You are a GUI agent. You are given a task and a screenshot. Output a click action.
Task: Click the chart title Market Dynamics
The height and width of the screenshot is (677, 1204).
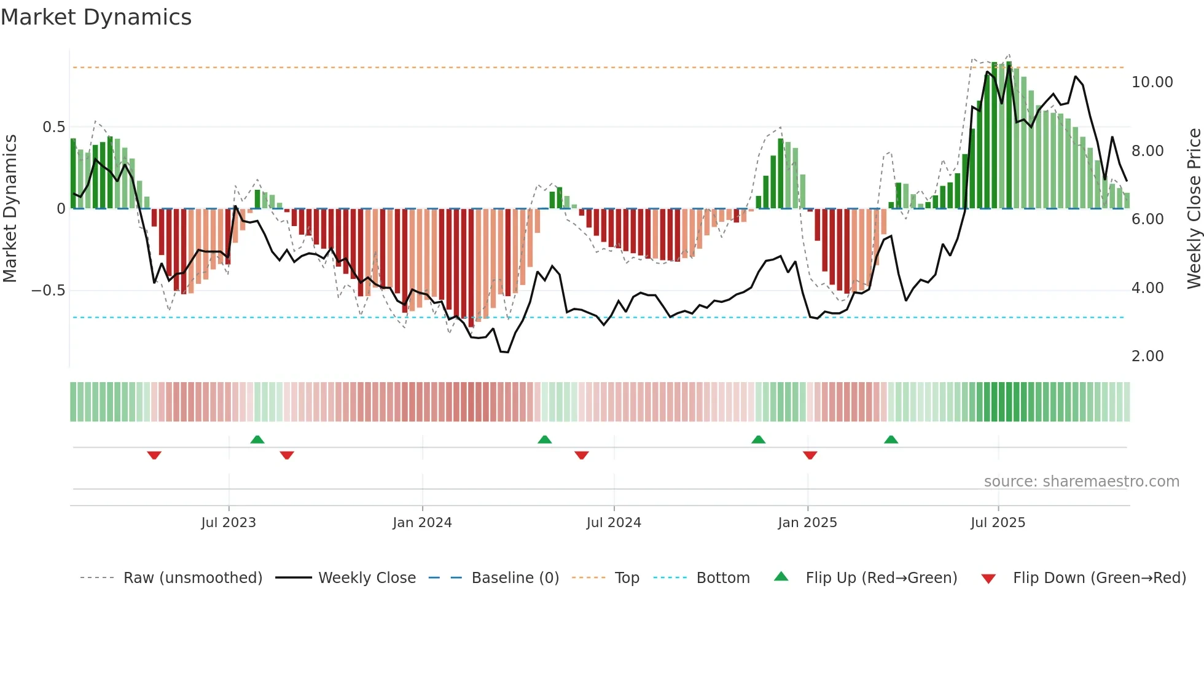pyautogui.click(x=96, y=17)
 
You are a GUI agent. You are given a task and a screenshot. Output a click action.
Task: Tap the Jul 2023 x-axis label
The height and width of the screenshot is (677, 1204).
pyautogui.click(x=228, y=523)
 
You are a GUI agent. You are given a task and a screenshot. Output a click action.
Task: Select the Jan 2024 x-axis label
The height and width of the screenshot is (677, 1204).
pyautogui.click(x=422, y=523)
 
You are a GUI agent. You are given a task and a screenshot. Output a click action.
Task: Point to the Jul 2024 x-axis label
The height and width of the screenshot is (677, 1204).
pyautogui.click(x=614, y=523)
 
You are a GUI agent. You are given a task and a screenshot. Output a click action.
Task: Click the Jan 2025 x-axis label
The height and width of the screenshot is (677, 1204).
pyautogui.click(x=807, y=523)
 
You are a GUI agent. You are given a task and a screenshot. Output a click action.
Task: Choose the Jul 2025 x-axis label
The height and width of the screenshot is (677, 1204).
pyautogui.click(x=998, y=523)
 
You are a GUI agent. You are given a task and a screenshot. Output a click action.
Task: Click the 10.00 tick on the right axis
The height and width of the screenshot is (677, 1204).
pyautogui.click(x=1152, y=82)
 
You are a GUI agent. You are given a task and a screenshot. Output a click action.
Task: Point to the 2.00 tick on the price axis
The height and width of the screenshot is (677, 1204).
pyautogui.click(x=1147, y=356)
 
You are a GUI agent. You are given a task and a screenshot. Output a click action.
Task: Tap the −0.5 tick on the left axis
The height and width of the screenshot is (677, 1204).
pyautogui.click(x=49, y=291)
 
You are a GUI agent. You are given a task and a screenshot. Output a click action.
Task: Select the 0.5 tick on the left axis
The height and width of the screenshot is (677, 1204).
pyautogui.click(x=53, y=127)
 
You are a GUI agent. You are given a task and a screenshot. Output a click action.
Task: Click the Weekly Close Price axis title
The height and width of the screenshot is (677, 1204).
pyautogui.click(x=1194, y=208)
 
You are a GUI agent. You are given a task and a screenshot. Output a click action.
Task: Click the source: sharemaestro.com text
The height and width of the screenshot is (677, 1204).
pyautogui.click(x=1081, y=482)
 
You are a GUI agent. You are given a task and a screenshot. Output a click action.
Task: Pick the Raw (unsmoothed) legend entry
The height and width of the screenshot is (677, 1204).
pyautogui.click(x=192, y=578)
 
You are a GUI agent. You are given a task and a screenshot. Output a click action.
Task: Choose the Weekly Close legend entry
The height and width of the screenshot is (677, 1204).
pyautogui.click(x=367, y=578)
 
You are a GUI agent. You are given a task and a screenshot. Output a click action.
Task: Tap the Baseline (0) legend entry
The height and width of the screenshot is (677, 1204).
pyautogui.click(x=515, y=578)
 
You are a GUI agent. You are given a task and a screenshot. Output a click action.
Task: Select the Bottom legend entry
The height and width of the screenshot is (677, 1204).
pyautogui.click(x=722, y=578)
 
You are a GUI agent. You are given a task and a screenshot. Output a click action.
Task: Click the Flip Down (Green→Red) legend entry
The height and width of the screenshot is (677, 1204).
pyautogui.click(x=1099, y=578)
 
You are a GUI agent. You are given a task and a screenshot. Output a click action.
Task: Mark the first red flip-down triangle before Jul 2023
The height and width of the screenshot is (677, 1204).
pyautogui.click(x=154, y=455)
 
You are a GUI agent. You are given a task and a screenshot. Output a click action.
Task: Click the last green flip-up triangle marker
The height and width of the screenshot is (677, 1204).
pyautogui.click(x=891, y=440)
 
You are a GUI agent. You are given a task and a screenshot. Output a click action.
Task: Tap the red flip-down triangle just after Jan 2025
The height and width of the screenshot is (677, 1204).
pyautogui.click(x=810, y=455)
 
